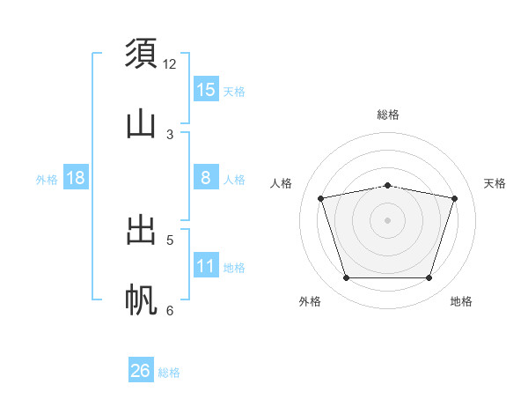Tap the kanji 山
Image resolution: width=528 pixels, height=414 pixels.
[142, 123]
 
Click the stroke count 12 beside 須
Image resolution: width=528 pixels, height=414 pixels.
[170, 64]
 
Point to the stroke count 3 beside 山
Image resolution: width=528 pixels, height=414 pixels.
[170, 134]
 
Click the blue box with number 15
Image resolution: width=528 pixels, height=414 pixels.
[206, 90]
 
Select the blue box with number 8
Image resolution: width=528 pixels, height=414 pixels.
[206, 178]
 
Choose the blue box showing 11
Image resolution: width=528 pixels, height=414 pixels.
[206, 266]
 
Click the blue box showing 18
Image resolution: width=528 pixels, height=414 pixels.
[76, 178]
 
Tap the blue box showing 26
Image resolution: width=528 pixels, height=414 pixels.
[141, 371]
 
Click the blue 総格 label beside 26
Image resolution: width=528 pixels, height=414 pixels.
[170, 373]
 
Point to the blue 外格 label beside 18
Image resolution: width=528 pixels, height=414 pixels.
[47, 180]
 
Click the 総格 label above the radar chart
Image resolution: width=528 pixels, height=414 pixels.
[388, 115]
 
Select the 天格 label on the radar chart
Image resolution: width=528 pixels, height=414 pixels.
[495, 183]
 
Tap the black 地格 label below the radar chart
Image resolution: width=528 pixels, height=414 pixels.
[461, 302]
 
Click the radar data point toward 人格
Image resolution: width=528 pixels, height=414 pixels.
[321, 199]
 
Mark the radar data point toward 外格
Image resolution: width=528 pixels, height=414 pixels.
[347, 278]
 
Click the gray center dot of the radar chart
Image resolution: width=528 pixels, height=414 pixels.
[388, 220]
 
